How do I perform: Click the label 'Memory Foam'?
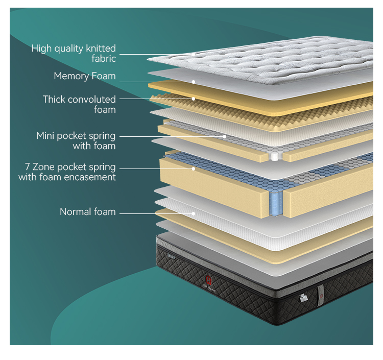(84, 76)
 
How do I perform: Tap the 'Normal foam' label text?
(88, 212)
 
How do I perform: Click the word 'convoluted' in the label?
(91, 100)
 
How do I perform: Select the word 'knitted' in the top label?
(101, 49)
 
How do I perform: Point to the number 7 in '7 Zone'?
(28, 167)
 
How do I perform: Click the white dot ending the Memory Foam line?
(194, 82)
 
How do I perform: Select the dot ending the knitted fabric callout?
(194, 55)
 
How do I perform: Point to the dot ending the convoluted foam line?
(194, 99)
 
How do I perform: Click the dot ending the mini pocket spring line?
(225, 136)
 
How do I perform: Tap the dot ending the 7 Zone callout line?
(194, 169)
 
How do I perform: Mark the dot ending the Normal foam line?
(194, 214)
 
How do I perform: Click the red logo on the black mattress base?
(208, 279)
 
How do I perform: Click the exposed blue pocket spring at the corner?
(276, 203)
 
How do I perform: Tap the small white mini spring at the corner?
(275, 156)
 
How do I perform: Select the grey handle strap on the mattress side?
(321, 295)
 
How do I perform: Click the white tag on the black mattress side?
(303, 298)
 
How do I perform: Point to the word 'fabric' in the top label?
(104, 59)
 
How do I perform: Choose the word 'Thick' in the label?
(54, 100)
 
